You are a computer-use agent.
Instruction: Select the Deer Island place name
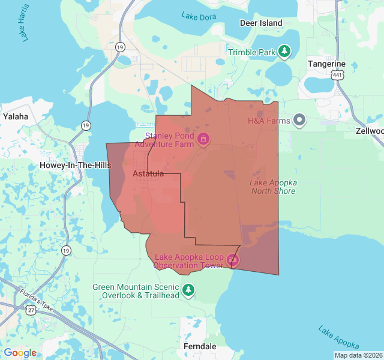260,23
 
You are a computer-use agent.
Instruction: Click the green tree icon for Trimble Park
285,52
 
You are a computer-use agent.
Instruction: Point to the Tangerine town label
326,64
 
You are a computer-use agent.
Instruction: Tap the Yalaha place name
16,116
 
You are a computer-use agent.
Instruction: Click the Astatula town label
148,173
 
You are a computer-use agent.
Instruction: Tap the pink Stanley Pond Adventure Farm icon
203,139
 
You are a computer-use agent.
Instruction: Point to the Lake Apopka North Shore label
273,187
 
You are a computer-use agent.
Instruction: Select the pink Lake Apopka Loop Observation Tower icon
233,260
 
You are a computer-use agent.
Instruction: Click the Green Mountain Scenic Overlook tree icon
189,291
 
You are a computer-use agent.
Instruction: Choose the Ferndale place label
199,347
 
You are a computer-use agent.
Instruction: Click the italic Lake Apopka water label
339,338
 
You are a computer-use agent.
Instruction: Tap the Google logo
20,353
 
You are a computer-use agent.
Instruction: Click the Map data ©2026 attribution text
358,355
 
